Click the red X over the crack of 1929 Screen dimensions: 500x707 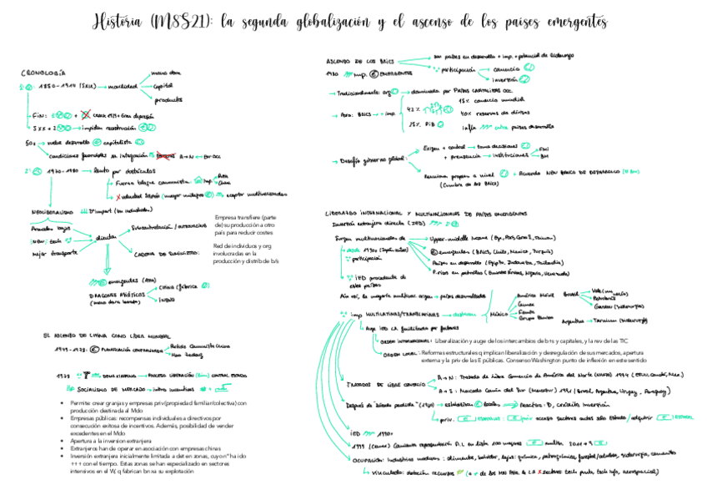pos(88,115)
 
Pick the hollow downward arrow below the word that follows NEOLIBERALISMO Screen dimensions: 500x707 pos(106,265)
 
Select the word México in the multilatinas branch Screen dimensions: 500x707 pos(498,313)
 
